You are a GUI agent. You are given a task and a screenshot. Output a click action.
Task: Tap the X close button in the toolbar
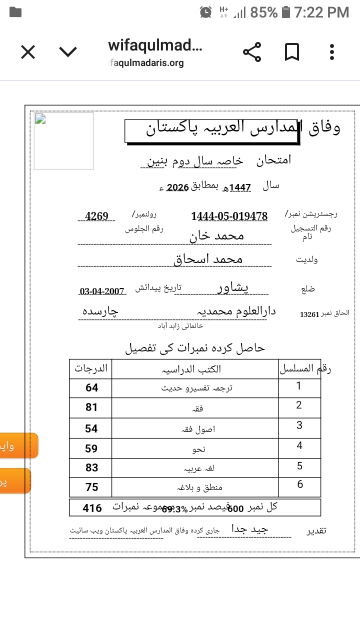pyautogui.click(x=28, y=52)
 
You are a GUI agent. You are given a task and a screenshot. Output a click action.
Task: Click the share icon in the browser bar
pyautogui.click(x=252, y=52)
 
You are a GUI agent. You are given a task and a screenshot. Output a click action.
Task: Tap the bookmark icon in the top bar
pyautogui.click(x=292, y=52)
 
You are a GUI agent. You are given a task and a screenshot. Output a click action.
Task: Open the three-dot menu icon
pyautogui.click(x=332, y=52)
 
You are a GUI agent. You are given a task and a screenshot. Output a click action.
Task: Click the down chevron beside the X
pyautogui.click(x=68, y=52)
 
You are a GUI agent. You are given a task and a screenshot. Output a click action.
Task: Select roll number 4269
pyautogui.click(x=96, y=216)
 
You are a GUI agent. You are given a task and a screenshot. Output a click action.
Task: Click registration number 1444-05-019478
pyautogui.click(x=229, y=216)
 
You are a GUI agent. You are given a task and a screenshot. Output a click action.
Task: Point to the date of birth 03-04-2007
pyautogui.click(x=101, y=291)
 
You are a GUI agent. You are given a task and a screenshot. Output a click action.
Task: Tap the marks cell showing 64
pyautogui.click(x=91, y=387)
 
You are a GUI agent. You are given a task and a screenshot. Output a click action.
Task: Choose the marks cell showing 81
pyautogui.click(x=91, y=407)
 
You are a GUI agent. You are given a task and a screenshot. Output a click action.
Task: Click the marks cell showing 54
pyautogui.click(x=91, y=428)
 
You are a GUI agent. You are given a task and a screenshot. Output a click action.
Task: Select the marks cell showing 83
pyautogui.click(x=91, y=467)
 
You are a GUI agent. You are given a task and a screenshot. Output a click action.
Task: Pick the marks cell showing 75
pyautogui.click(x=91, y=487)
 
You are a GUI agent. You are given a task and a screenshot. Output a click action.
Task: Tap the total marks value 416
pyautogui.click(x=92, y=508)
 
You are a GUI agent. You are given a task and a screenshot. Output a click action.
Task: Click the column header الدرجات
pyautogui.click(x=91, y=368)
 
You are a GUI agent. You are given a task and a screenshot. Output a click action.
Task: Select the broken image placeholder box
pyautogui.click(x=63, y=141)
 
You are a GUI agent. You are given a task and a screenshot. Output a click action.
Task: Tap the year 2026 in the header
pyautogui.click(x=177, y=187)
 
